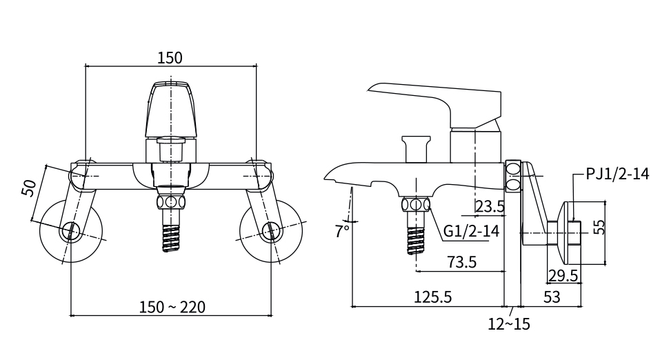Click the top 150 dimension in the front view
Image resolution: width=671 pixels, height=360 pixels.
pyautogui.click(x=170, y=58)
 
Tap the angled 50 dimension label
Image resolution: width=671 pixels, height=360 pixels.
pyautogui.click(x=29, y=188)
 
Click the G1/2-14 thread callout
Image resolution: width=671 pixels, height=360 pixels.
pyautogui.click(x=471, y=231)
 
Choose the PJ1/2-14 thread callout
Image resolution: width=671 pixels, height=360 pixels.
pyautogui.click(x=617, y=174)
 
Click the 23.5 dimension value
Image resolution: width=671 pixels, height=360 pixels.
pyautogui.click(x=490, y=206)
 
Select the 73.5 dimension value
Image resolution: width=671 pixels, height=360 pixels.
pyautogui.click(x=462, y=262)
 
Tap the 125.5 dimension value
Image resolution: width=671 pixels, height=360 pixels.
pyautogui.click(x=432, y=297)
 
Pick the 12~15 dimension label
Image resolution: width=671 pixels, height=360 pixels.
pyautogui.click(x=509, y=323)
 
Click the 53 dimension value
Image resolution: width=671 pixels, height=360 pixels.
pyautogui.click(x=552, y=297)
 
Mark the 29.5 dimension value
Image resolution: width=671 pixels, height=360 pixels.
pyautogui.click(x=563, y=276)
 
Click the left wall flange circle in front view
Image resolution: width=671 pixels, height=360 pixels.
pyautogui.click(x=71, y=232)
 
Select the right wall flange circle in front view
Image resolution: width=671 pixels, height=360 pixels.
pyautogui.click(x=270, y=232)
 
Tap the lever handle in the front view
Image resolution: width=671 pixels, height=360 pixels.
pyautogui.click(x=170, y=110)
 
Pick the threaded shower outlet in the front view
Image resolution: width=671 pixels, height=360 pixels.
pyautogui.click(x=170, y=234)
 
